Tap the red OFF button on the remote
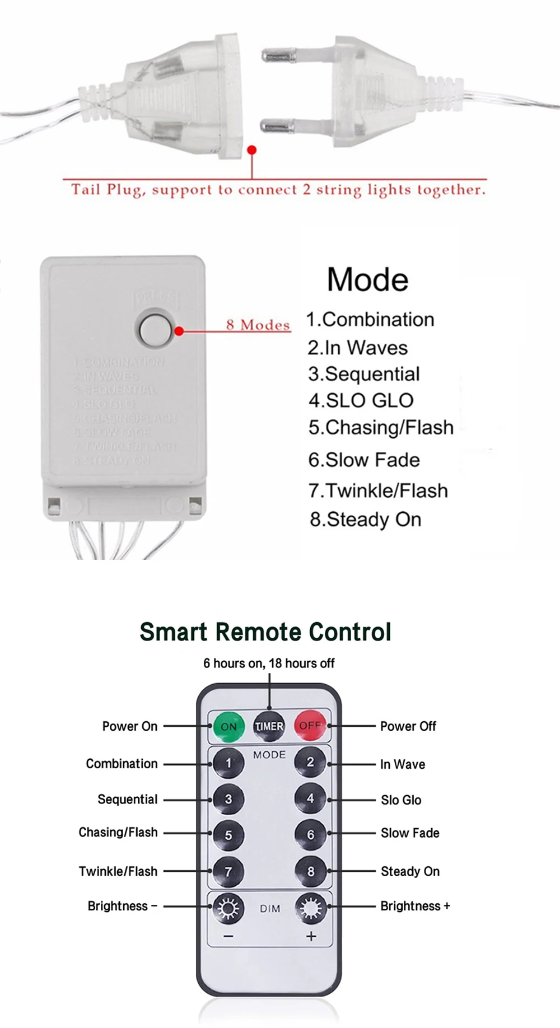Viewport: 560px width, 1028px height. (310, 726)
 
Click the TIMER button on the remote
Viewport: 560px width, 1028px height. (269, 726)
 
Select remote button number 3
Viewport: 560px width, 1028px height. (228, 799)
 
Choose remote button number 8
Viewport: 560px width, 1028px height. (310, 871)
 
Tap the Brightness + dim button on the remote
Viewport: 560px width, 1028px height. (310, 907)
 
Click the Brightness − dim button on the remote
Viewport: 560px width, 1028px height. (228, 908)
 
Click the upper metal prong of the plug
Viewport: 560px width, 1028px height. (278, 55)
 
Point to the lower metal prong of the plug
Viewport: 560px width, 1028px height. (278, 125)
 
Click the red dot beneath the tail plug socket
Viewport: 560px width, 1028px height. (252, 150)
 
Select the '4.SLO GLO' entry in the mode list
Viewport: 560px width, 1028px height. (361, 400)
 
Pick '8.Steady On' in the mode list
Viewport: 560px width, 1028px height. (366, 520)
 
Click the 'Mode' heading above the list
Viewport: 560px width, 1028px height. (368, 279)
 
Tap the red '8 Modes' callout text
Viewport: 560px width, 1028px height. (258, 325)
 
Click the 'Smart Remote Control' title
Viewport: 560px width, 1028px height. (265, 632)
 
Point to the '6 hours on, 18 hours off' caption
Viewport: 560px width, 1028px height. (269, 663)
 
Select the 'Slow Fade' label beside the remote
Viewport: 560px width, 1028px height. (410, 833)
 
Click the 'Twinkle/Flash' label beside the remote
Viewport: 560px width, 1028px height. (118, 871)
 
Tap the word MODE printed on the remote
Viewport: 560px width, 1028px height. (269, 755)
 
